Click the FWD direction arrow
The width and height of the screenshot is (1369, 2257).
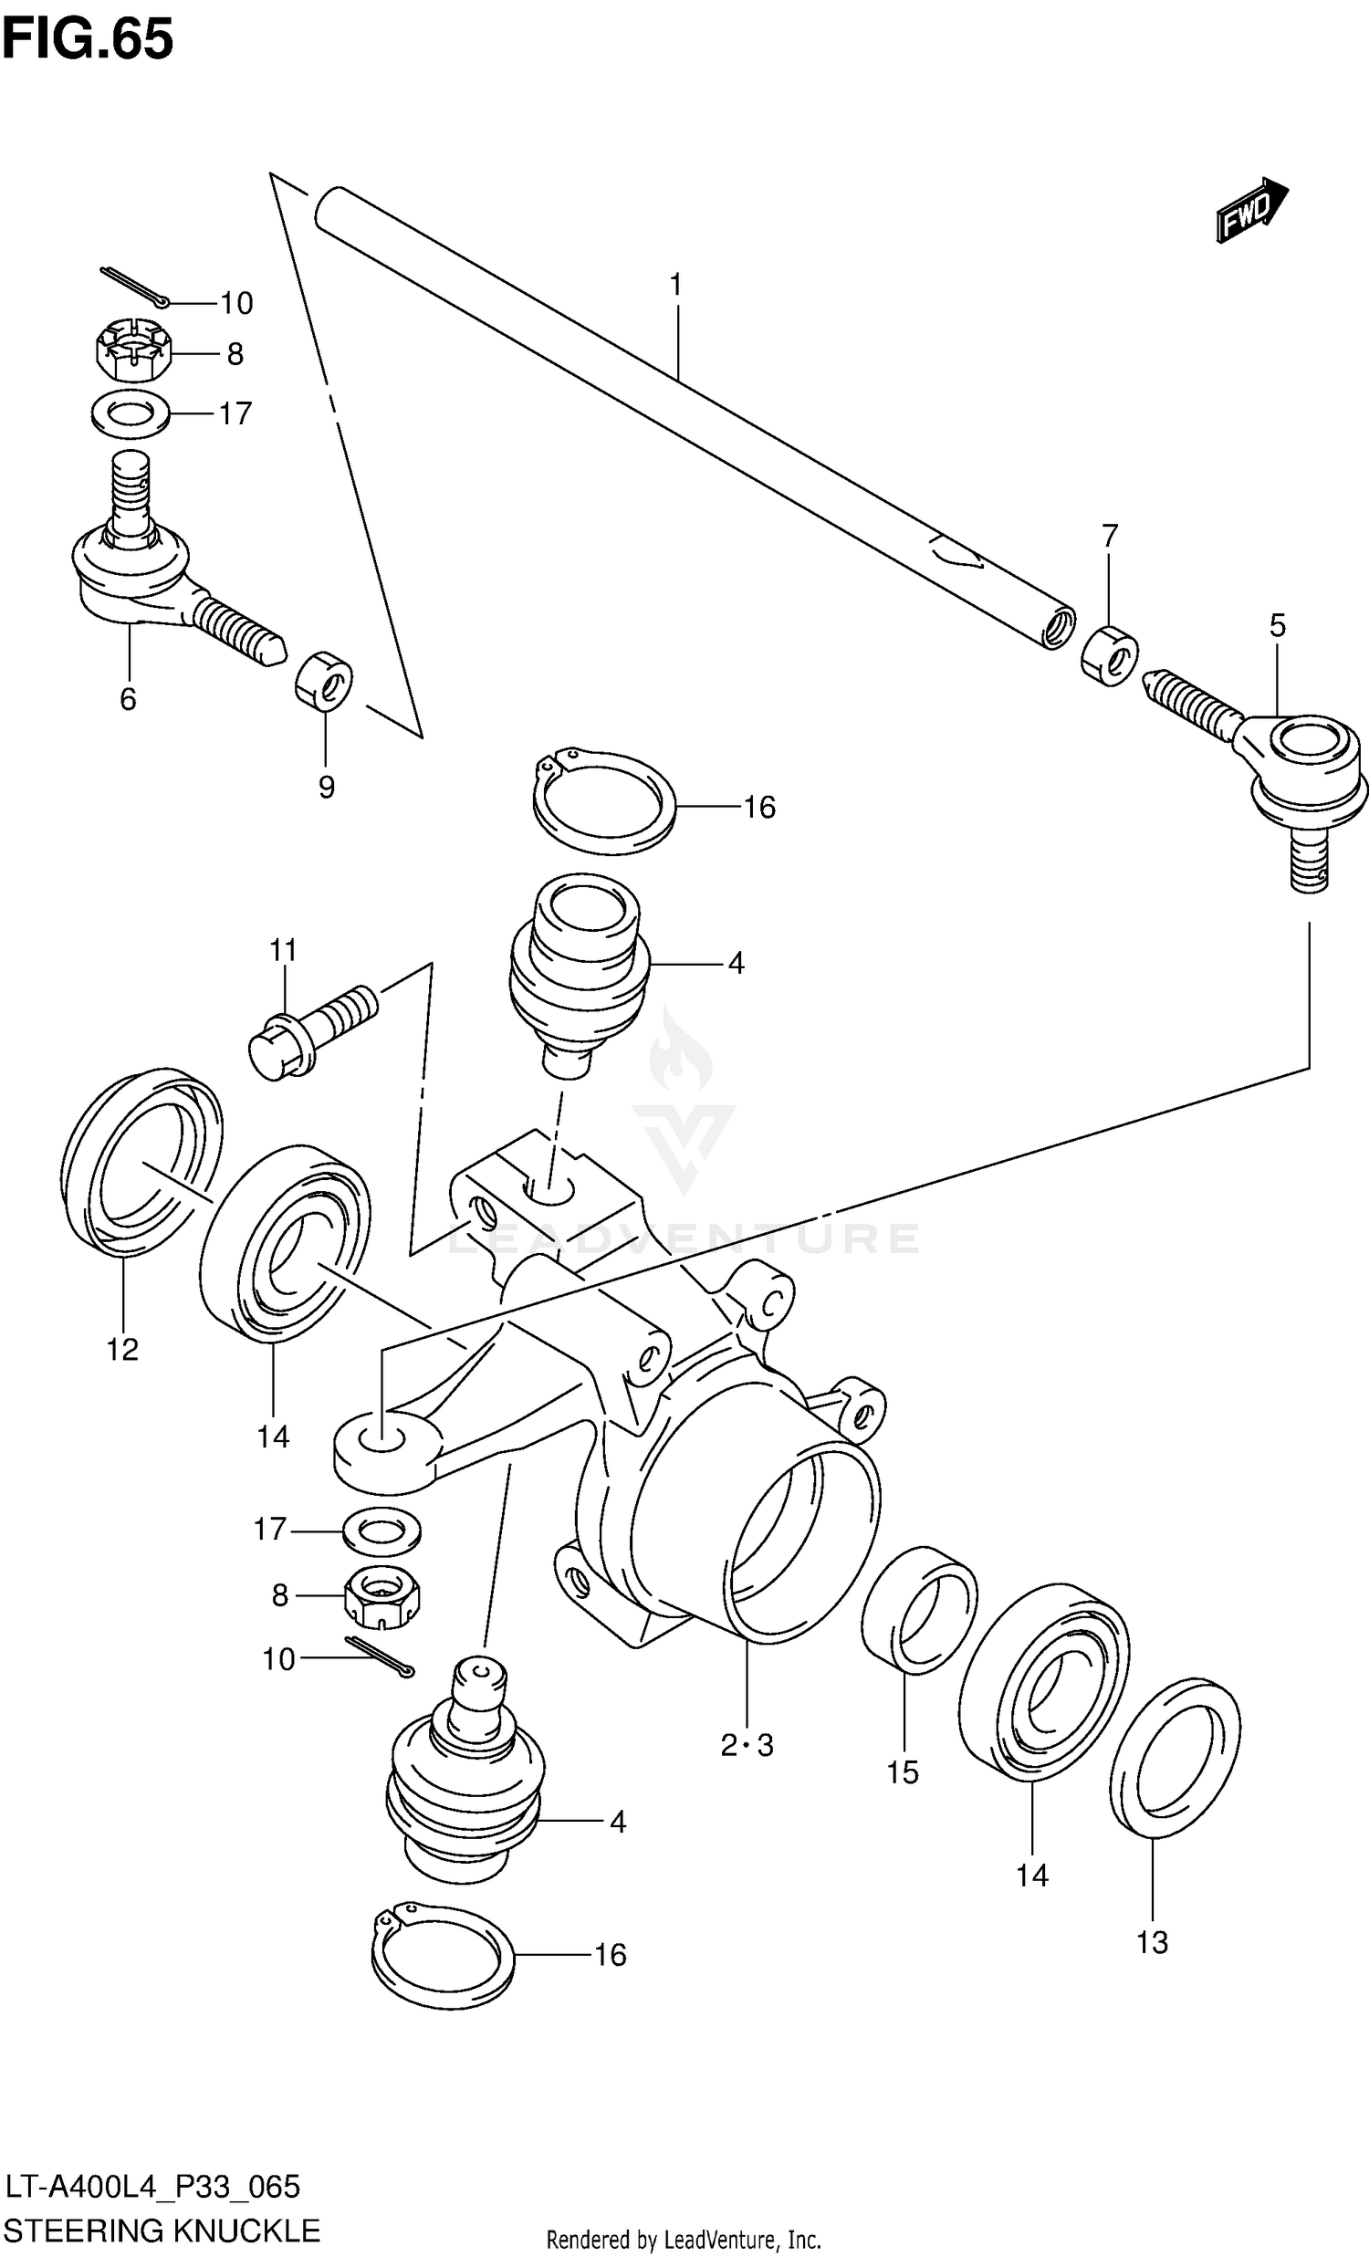coord(1251,211)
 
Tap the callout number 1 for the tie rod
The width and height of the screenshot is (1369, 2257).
coord(675,286)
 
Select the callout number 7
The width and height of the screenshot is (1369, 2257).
coord(1110,535)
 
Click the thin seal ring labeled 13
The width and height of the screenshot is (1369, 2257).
coord(1175,1758)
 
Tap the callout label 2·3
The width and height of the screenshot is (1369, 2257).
coord(747,1745)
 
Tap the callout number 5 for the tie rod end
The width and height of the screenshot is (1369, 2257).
coord(1277,626)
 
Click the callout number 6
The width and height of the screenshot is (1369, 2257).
coord(128,699)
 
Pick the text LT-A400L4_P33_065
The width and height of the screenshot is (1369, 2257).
coord(152,2187)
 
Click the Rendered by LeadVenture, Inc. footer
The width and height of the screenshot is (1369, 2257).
coord(683,2241)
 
